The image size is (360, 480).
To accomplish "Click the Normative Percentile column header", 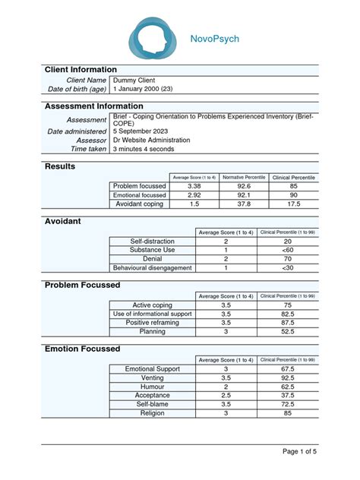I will point(244,177).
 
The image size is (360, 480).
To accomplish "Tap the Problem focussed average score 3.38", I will point(194,186).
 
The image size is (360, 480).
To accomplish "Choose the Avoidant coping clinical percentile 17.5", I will point(293,204).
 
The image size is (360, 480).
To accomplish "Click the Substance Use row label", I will point(152,250).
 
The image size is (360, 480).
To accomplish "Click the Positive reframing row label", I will point(152,323).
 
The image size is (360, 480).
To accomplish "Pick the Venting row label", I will point(152,377).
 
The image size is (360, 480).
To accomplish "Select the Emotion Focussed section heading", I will point(82,349).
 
